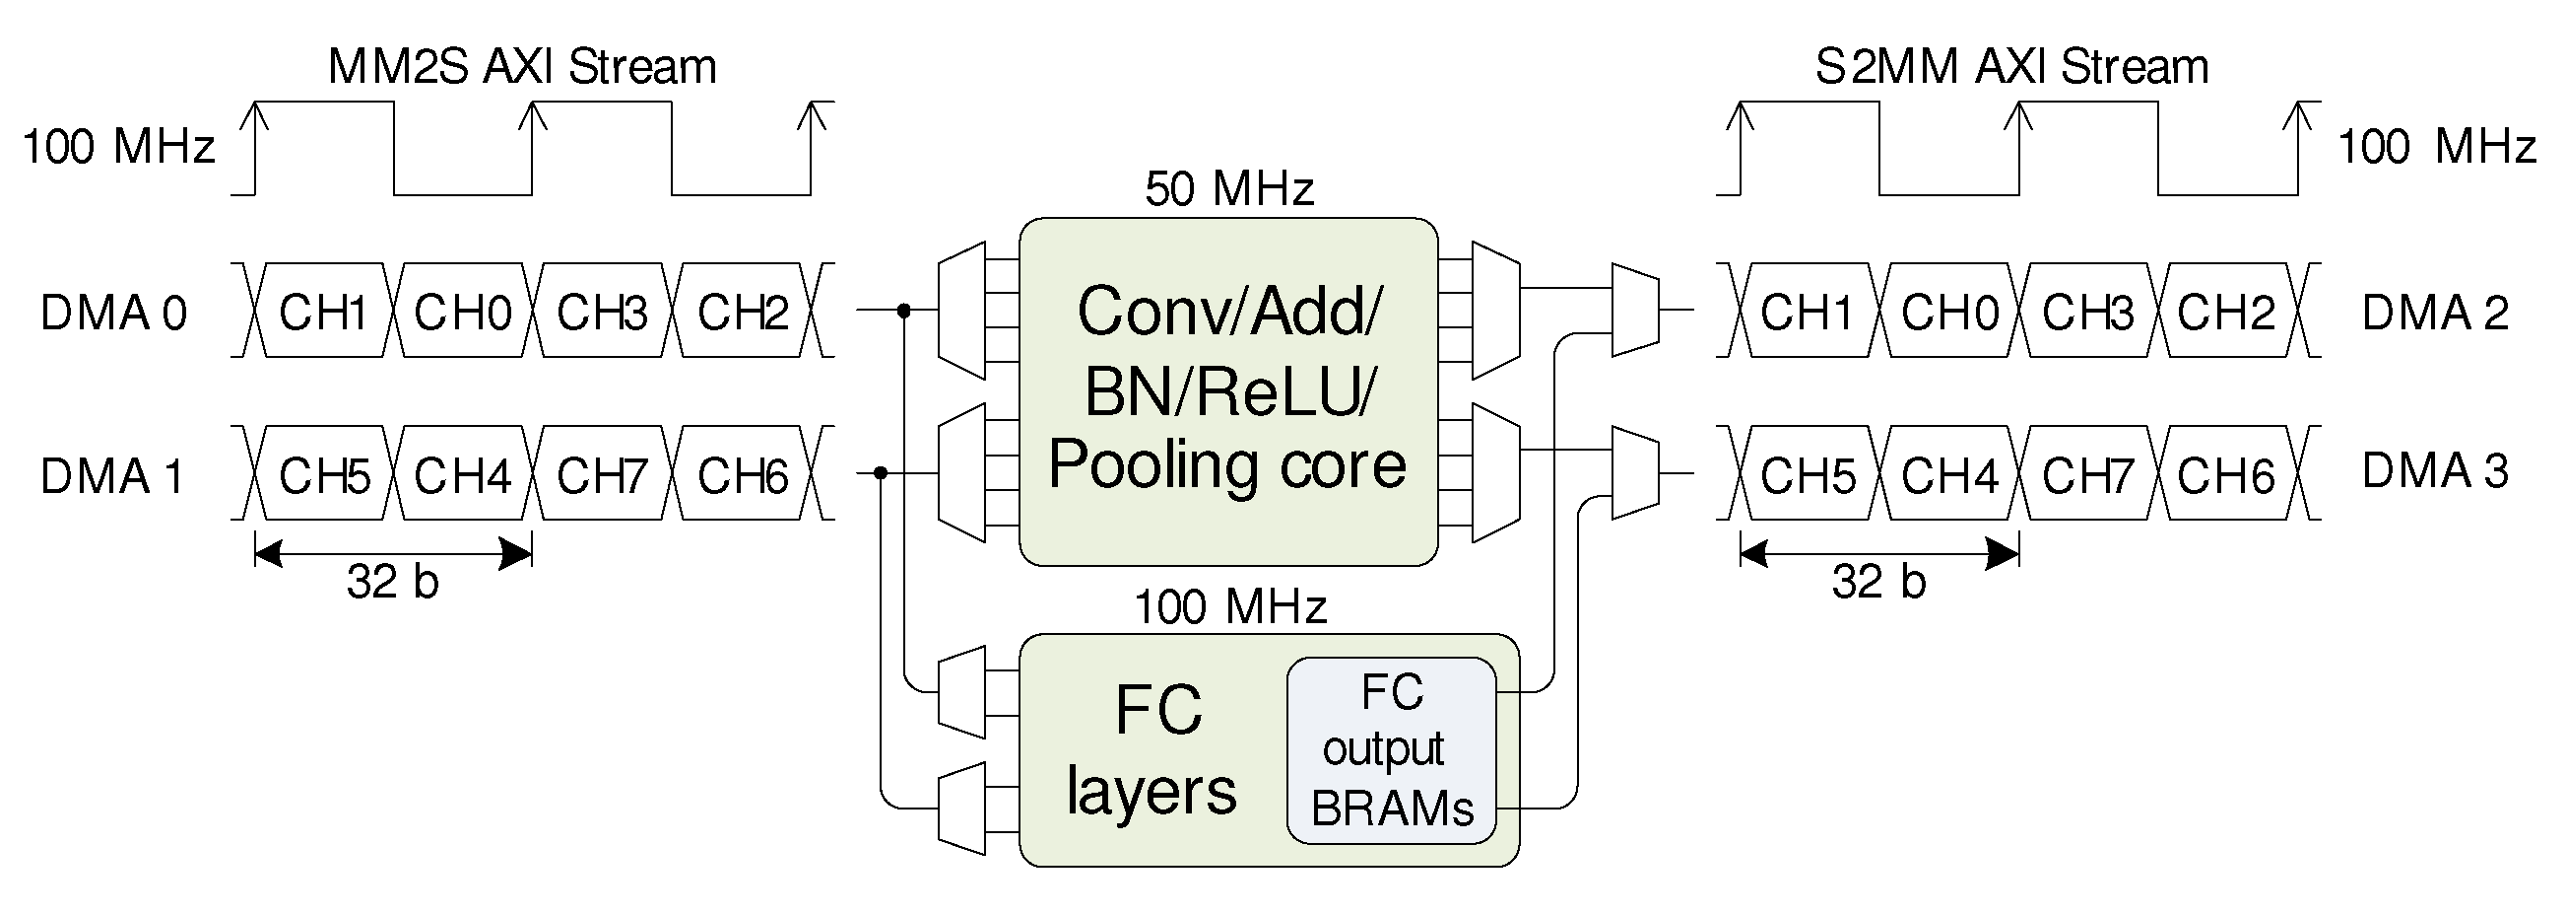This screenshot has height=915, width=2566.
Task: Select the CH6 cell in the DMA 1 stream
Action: click(x=742, y=475)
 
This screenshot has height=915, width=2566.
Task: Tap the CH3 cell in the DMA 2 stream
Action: click(x=2088, y=312)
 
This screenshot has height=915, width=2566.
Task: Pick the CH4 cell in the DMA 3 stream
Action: click(x=1948, y=475)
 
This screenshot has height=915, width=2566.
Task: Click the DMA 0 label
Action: click(x=113, y=313)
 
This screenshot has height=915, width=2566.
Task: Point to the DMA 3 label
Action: click(x=2435, y=470)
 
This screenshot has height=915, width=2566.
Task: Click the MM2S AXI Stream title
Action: click(x=522, y=68)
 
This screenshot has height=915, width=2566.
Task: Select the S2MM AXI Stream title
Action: click(x=2011, y=68)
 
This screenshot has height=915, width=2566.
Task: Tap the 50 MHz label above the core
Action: click(x=1229, y=188)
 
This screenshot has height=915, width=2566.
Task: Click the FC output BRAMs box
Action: click(x=1392, y=750)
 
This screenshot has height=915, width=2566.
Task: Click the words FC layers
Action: click(x=1153, y=750)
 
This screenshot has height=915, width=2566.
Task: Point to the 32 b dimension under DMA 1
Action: click(x=392, y=581)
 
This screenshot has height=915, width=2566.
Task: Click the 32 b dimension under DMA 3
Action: click(x=1878, y=581)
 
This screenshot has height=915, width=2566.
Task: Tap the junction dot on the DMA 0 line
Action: click(x=904, y=311)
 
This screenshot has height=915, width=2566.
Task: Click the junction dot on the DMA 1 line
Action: click(x=881, y=473)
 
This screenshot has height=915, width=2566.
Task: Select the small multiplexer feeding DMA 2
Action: click(x=1634, y=310)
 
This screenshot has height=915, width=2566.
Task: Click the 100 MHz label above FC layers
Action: click(x=1230, y=606)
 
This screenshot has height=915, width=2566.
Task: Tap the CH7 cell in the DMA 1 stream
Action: click(x=602, y=475)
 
